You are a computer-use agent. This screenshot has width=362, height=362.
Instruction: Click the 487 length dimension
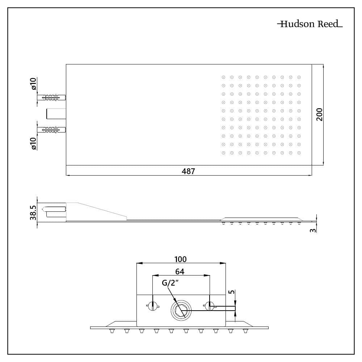click(188, 171)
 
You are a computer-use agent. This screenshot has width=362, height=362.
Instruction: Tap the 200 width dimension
click(319, 114)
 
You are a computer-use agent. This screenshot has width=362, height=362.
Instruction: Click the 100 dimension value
click(180, 259)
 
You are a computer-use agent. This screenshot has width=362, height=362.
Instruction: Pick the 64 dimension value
click(180, 271)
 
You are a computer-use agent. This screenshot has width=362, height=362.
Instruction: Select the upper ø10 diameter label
click(33, 84)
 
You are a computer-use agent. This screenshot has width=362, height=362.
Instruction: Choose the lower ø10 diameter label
click(33, 143)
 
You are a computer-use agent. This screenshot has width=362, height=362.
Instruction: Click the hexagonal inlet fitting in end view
click(180, 311)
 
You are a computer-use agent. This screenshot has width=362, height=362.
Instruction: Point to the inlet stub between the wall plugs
click(56, 113)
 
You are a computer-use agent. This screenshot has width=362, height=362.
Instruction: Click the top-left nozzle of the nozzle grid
click(223, 77)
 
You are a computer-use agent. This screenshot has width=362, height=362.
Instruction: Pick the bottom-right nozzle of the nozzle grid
click(299, 153)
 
